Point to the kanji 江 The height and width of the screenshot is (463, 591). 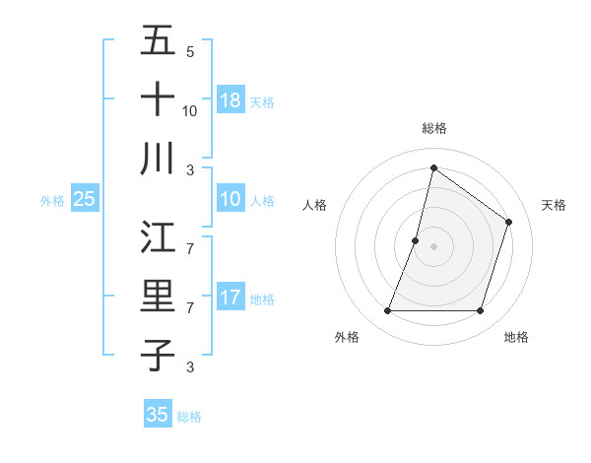pos(158,237)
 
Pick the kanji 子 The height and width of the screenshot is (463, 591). pos(158,355)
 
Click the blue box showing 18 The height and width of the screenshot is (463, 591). pos(230,99)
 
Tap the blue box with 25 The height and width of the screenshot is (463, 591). pos(84,199)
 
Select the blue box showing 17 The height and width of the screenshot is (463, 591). pos(230,298)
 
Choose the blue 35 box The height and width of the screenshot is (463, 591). pos(158,415)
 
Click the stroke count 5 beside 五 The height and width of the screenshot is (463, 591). pos(190,52)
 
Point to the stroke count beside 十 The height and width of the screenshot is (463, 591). pos(190,110)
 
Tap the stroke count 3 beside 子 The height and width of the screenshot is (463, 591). pos(190,367)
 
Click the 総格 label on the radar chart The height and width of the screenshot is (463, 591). pos(433,128)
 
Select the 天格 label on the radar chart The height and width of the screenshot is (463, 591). pos(554,205)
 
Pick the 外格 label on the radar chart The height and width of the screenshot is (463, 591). pos(347,337)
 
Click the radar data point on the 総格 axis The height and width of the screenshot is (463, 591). pos(433,167)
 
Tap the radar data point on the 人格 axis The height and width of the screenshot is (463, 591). pos(416,240)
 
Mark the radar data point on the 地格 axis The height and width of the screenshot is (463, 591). pos(480,311)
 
